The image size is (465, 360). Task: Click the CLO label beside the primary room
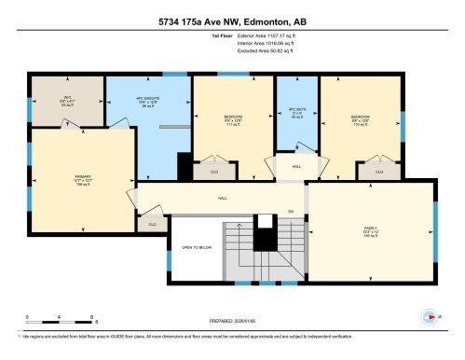[x=151, y=224]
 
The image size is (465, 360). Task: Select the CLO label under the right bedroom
[x=379, y=173]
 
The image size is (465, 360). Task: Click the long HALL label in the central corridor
[x=223, y=199]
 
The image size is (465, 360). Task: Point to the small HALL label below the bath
[x=295, y=166]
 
